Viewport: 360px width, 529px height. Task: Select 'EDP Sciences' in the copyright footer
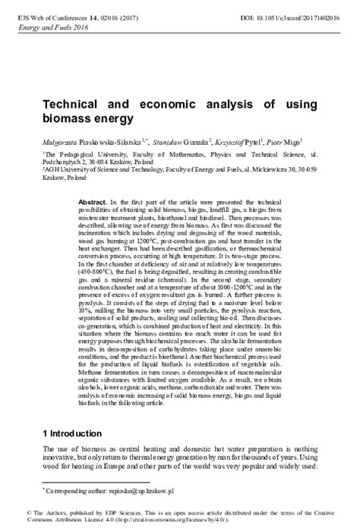(96, 512)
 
